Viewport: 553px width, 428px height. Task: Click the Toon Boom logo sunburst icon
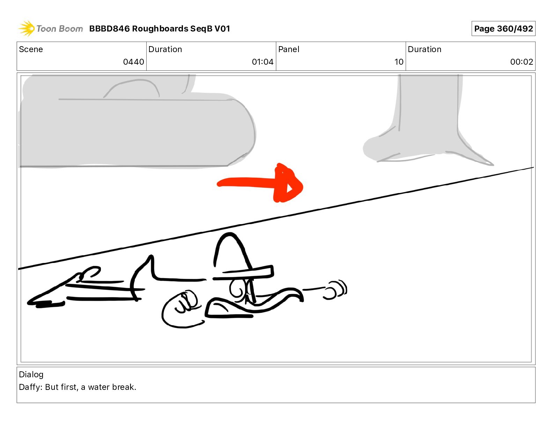click(x=26, y=28)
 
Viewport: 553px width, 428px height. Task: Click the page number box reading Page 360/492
click(x=503, y=29)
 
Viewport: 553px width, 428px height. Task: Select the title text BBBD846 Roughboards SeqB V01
click(x=160, y=29)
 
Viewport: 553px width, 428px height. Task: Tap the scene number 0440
click(x=133, y=62)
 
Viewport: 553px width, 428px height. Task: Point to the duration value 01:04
click(x=263, y=62)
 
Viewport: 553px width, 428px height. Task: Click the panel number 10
click(x=399, y=62)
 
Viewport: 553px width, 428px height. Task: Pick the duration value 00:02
click(x=521, y=62)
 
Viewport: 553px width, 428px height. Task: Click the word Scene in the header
click(x=31, y=49)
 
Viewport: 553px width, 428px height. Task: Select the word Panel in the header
click(x=289, y=49)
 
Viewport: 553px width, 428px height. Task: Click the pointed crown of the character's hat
click(x=230, y=238)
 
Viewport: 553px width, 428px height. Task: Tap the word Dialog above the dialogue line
click(x=31, y=374)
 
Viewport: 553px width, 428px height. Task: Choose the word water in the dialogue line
click(x=99, y=387)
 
